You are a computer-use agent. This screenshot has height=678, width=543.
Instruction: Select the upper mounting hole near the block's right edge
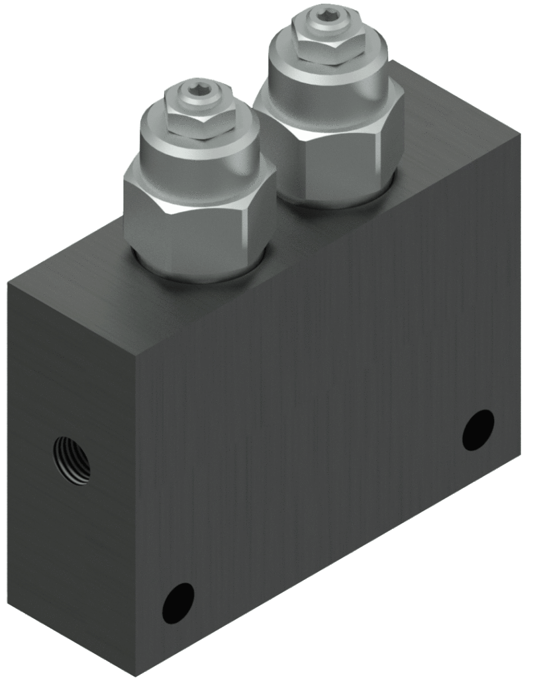point(478,430)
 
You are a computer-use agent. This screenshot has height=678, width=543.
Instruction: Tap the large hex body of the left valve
point(199,225)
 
